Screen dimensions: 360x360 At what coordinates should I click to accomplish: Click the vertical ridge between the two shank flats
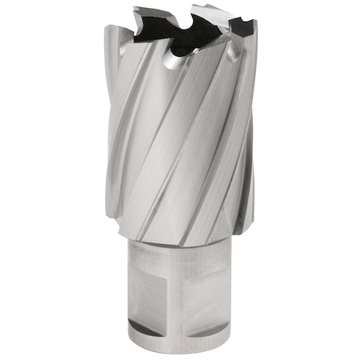tap(192, 296)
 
